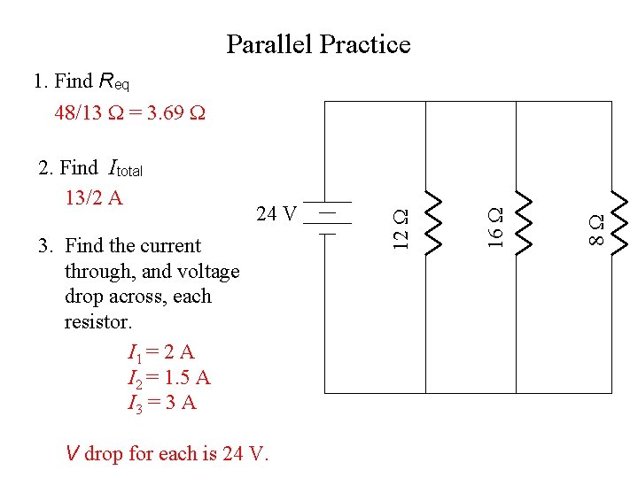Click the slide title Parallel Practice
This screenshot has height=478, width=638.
318,44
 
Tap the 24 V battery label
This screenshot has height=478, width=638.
276,213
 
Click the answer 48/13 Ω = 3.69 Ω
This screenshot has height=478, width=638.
129,113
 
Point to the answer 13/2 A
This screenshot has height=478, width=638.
94,197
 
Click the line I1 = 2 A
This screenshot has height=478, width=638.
161,354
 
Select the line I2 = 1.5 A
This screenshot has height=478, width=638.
169,379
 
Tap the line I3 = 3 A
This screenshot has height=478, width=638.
162,404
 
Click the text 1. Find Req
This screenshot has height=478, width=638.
82,81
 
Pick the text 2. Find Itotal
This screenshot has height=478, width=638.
90,167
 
